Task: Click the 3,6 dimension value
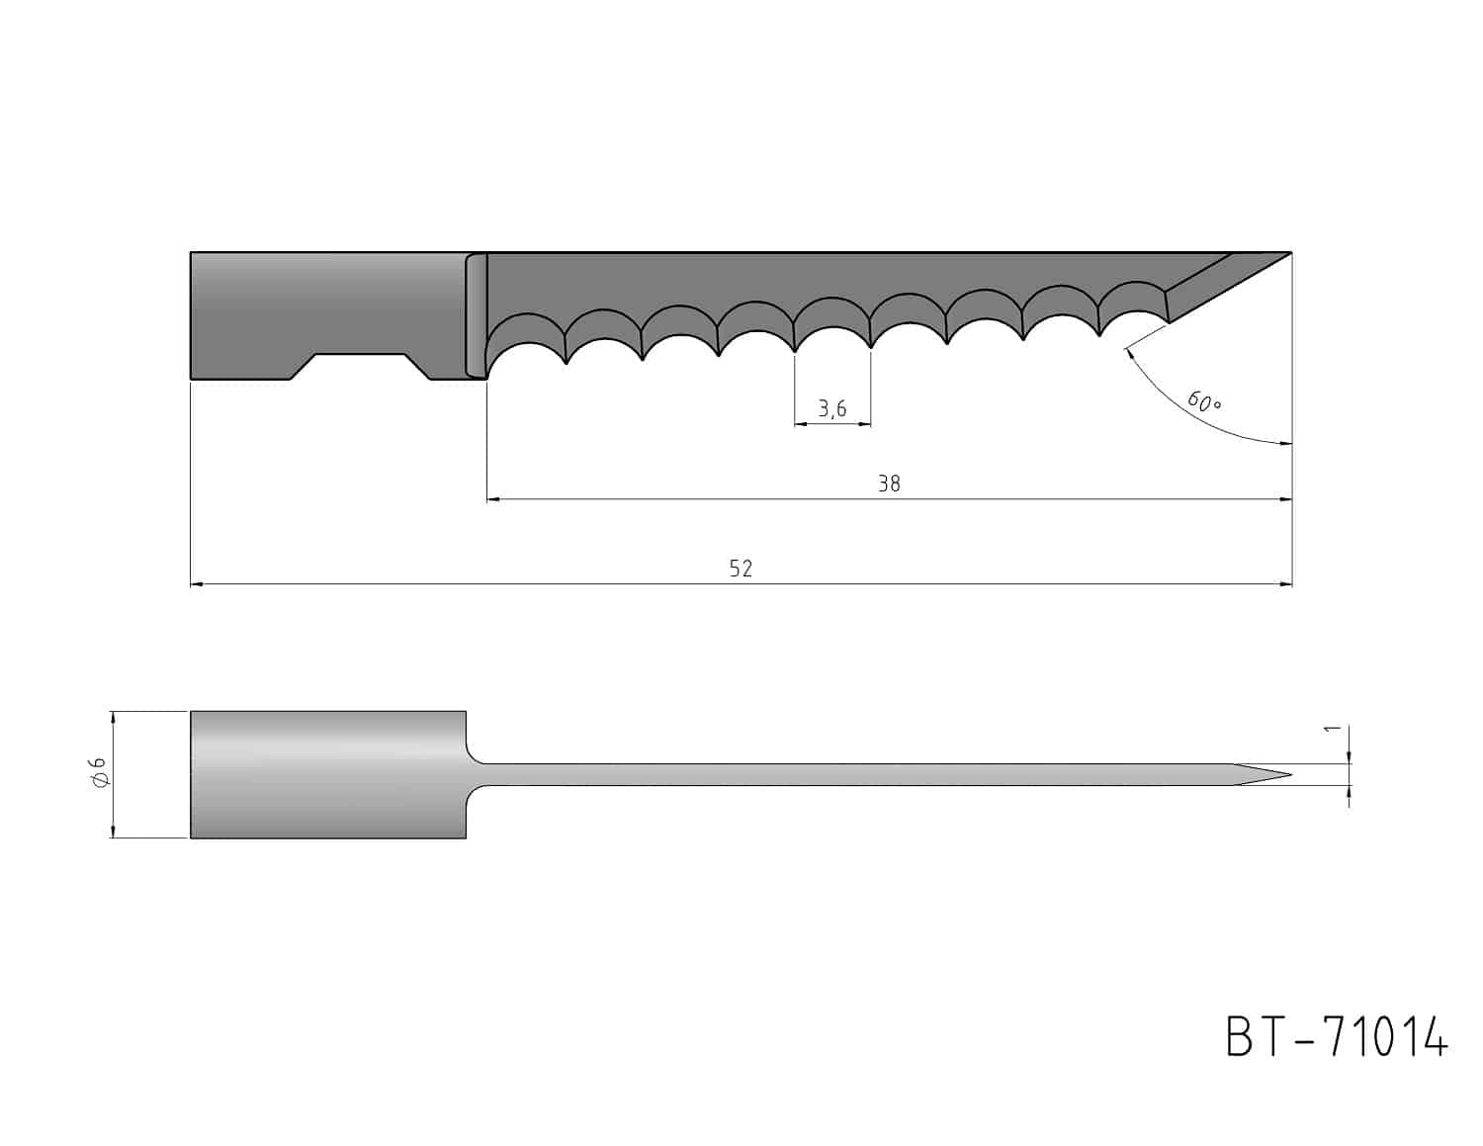(x=831, y=408)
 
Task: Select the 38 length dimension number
(x=889, y=484)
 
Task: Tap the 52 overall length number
(x=741, y=568)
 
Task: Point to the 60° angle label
(x=1204, y=401)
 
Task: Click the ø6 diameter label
(x=100, y=772)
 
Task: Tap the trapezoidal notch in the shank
(x=360, y=366)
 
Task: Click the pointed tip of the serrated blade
(x=1290, y=253)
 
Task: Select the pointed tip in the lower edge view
(x=1290, y=774)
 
